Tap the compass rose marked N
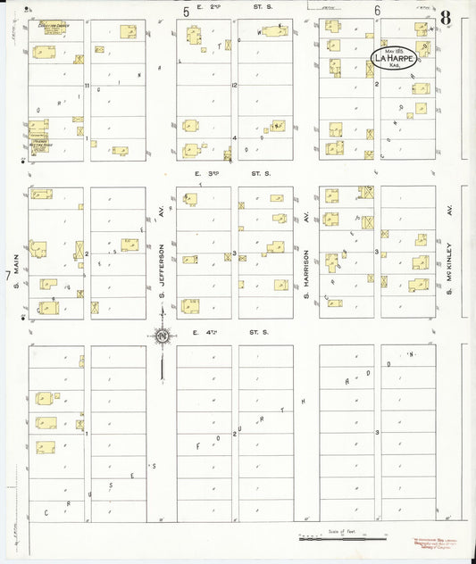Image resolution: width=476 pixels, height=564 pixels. click(163, 336)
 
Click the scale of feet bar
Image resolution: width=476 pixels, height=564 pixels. click(343, 537)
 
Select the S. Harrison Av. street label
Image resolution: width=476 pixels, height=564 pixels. click(305, 252)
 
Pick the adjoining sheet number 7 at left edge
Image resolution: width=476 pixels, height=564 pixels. click(8, 278)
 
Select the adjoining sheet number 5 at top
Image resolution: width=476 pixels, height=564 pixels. click(187, 12)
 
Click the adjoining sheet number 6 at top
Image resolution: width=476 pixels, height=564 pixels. click(378, 12)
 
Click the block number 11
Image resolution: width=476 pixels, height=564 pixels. click(88, 86)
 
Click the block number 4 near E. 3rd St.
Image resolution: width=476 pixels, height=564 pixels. click(233, 138)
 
